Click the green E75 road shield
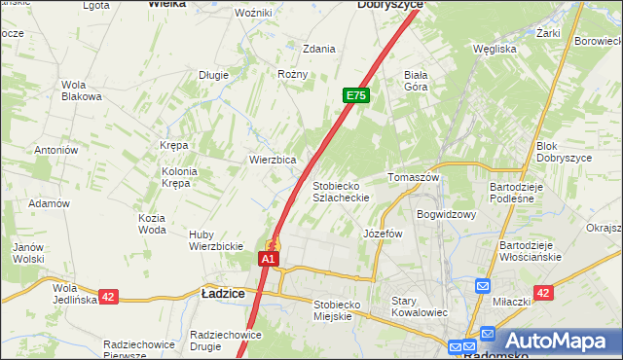click(356, 96)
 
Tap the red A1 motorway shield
click(270, 260)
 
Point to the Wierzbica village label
click(273, 160)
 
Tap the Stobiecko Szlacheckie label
click(340, 191)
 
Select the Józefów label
click(383, 234)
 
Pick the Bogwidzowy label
click(445, 214)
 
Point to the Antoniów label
click(55, 150)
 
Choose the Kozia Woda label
click(152, 223)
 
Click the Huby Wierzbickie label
click(216, 240)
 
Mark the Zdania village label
click(319, 49)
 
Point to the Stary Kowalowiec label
click(419, 306)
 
